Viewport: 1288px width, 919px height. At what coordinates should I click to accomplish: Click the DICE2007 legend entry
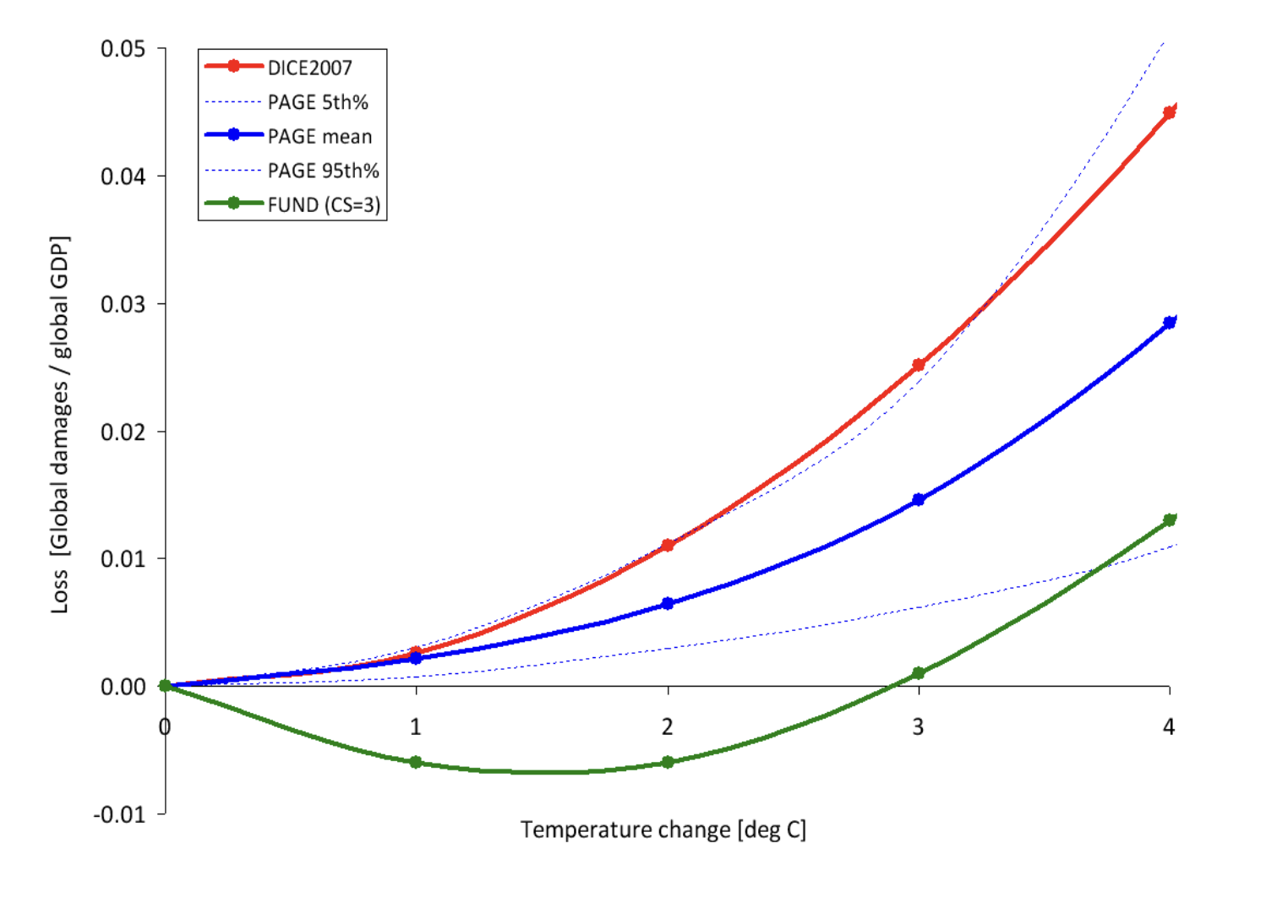click(x=309, y=68)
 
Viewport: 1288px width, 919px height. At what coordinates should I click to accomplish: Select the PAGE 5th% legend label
click(x=318, y=102)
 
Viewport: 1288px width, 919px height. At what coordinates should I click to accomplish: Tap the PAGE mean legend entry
click(x=319, y=136)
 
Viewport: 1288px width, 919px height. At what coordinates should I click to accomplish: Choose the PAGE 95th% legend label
click(x=323, y=171)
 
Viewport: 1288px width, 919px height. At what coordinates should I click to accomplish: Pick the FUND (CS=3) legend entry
click(x=324, y=204)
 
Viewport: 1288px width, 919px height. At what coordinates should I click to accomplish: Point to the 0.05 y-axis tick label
click(x=123, y=49)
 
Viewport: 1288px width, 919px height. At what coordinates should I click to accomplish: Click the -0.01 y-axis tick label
click(x=119, y=814)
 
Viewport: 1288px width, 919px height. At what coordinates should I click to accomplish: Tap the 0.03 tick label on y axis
click(x=123, y=304)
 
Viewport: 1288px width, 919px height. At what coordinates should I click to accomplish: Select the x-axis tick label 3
click(x=918, y=726)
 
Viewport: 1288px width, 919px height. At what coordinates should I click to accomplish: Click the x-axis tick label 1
click(x=415, y=726)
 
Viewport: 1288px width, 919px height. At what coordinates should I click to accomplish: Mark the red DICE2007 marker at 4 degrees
click(x=1170, y=112)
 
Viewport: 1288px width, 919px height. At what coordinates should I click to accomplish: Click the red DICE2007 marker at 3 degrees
click(x=919, y=365)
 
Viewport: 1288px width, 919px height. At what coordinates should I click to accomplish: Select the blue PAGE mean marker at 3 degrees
click(x=919, y=500)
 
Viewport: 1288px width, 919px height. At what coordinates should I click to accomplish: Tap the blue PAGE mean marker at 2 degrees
click(x=668, y=603)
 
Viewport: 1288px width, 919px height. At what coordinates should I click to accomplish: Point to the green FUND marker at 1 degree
click(x=416, y=762)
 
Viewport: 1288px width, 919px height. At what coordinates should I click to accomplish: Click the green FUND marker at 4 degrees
click(x=1170, y=520)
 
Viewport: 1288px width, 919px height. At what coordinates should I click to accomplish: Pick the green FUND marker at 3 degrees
click(x=919, y=673)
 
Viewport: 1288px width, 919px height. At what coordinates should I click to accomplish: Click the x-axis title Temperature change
click(x=663, y=829)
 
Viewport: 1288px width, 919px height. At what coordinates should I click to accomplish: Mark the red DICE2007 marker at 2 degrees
click(x=668, y=546)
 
